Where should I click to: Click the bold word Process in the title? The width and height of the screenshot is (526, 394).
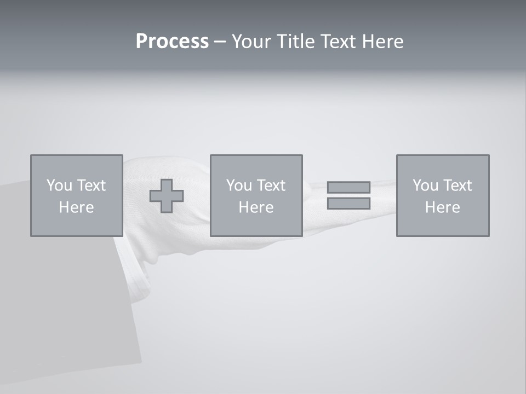pos(172,42)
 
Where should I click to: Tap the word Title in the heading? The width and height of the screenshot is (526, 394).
pos(296,42)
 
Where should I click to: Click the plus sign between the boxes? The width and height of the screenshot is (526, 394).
pos(167,196)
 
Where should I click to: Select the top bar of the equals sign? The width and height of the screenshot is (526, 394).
pos(348,187)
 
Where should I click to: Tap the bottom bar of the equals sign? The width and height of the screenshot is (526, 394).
pos(348,203)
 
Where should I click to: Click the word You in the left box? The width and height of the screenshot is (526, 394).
pos(59,186)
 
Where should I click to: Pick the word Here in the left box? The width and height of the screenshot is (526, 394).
pos(76,207)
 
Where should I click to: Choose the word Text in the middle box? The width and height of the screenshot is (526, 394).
pos(271,186)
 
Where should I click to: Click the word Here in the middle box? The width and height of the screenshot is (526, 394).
pos(256,207)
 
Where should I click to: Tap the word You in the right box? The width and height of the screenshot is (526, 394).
pos(425,186)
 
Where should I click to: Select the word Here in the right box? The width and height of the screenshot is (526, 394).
pos(442,207)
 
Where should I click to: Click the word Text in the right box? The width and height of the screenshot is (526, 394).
pos(458,186)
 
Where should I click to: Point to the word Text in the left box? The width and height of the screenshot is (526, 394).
pos(92,186)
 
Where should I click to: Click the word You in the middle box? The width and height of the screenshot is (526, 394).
pos(239,186)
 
